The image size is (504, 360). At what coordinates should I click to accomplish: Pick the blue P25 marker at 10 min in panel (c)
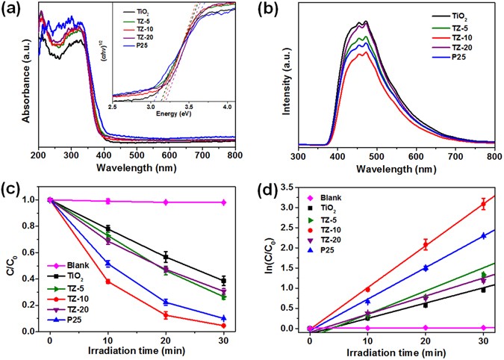tap(88, 264)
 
